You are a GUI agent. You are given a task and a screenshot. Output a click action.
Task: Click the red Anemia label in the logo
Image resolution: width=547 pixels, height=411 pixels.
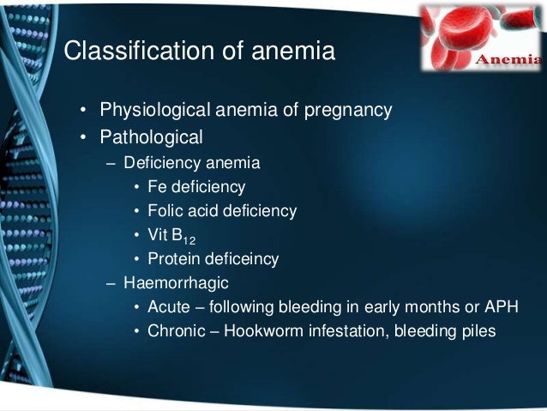pos(508,60)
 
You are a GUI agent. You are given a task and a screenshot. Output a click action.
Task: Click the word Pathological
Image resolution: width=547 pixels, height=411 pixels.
pos(151,136)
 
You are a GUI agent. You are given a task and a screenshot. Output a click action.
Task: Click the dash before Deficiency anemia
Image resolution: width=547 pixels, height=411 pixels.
pos(111,162)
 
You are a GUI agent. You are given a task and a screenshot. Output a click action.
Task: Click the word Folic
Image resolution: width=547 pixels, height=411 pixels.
pos(165,211)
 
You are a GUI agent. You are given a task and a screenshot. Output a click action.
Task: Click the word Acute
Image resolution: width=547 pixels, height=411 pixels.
pos(169,307)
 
